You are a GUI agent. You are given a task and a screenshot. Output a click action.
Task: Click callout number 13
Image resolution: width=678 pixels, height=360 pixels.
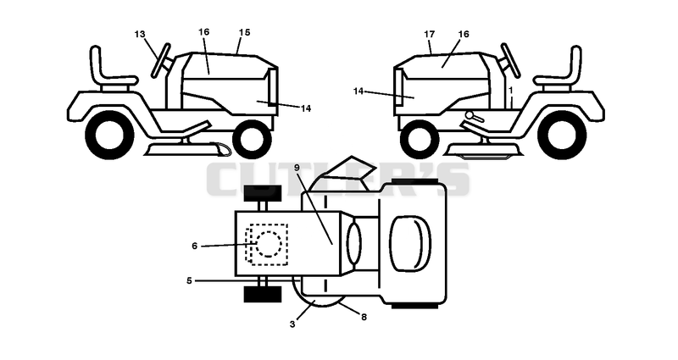pyautogui.click(x=140, y=34)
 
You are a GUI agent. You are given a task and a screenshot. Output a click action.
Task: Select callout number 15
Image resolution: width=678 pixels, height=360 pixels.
pyautogui.click(x=244, y=32)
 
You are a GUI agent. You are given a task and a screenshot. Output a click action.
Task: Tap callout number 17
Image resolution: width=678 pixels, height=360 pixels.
pyautogui.click(x=430, y=34)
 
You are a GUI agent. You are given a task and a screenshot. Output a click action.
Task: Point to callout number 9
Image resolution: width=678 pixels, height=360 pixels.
pyautogui.click(x=297, y=168)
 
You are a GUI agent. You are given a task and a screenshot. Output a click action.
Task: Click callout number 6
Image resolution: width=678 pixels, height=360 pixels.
pyautogui.click(x=195, y=246)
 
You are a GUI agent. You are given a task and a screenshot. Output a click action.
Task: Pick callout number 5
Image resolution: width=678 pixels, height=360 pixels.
pyautogui.click(x=189, y=280)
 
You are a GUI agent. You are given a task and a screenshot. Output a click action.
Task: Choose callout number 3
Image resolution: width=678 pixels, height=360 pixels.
pyautogui.click(x=292, y=324)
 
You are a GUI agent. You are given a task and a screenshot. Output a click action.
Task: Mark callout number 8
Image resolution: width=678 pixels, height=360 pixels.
pyautogui.click(x=364, y=317)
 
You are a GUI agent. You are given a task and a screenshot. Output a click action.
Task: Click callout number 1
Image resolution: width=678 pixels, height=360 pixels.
pyautogui.click(x=511, y=91)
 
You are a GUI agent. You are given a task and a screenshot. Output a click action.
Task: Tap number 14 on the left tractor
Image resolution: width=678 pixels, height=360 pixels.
pyautogui.click(x=305, y=108)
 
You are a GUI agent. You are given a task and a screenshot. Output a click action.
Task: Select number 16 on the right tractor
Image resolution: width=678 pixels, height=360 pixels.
pyautogui.click(x=463, y=34)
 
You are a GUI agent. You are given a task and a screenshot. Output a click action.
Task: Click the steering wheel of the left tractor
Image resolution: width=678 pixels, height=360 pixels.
pyautogui.click(x=160, y=60)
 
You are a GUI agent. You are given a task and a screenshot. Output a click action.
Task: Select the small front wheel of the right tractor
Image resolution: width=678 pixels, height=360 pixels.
pyautogui.click(x=420, y=138)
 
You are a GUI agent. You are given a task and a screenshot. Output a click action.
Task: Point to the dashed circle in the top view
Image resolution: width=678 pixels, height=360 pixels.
pyautogui.click(x=269, y=244)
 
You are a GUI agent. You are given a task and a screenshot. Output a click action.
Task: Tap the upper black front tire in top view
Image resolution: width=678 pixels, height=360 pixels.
pyautogui.click(x=263, y=193)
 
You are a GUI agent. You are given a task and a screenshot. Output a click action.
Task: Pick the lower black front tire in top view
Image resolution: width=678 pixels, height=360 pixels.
pyautogui.click(x=263, y=294)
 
